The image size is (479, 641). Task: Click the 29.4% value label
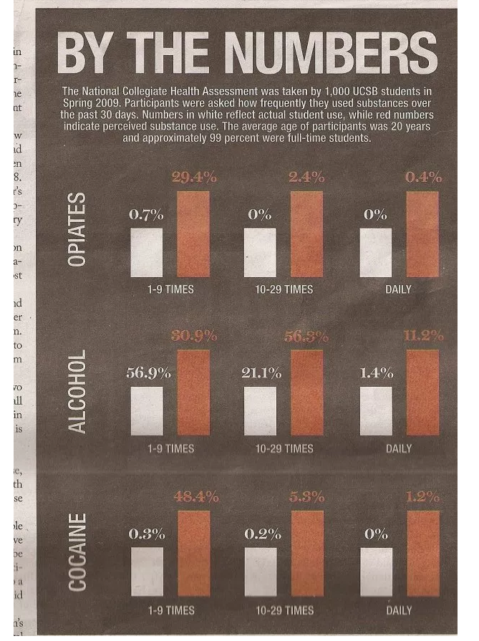coord(194,178)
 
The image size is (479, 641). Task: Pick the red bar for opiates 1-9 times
coord(193,234)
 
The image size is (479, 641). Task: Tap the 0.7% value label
coord(146,214)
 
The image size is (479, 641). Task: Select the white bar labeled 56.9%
coord(146,410)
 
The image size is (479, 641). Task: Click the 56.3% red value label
coord(306,336)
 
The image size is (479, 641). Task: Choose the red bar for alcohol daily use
coord(422,392)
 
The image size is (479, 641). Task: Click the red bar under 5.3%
coord(307,553)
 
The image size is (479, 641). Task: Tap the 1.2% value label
coord(423,496)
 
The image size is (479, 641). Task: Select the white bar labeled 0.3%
coord(146,572)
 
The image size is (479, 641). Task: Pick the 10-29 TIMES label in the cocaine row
coord(284,610)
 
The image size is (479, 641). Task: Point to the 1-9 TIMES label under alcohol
coord(170,448)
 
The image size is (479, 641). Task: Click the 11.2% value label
coord(423,336)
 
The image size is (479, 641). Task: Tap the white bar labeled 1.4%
coord(376,410)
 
